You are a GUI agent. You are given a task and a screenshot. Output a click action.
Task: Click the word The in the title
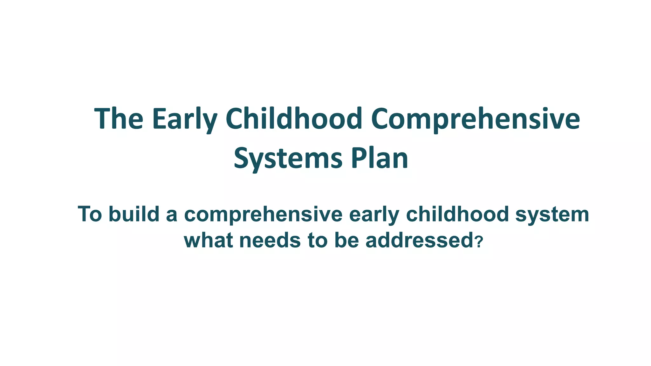point(119,119)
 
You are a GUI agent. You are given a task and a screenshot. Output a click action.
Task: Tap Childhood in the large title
point(294,119)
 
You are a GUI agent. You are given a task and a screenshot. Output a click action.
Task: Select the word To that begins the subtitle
point(90,214)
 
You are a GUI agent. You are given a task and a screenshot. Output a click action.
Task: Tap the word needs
point(270,240)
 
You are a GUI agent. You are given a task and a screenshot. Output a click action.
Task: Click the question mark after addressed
point(480,241)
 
